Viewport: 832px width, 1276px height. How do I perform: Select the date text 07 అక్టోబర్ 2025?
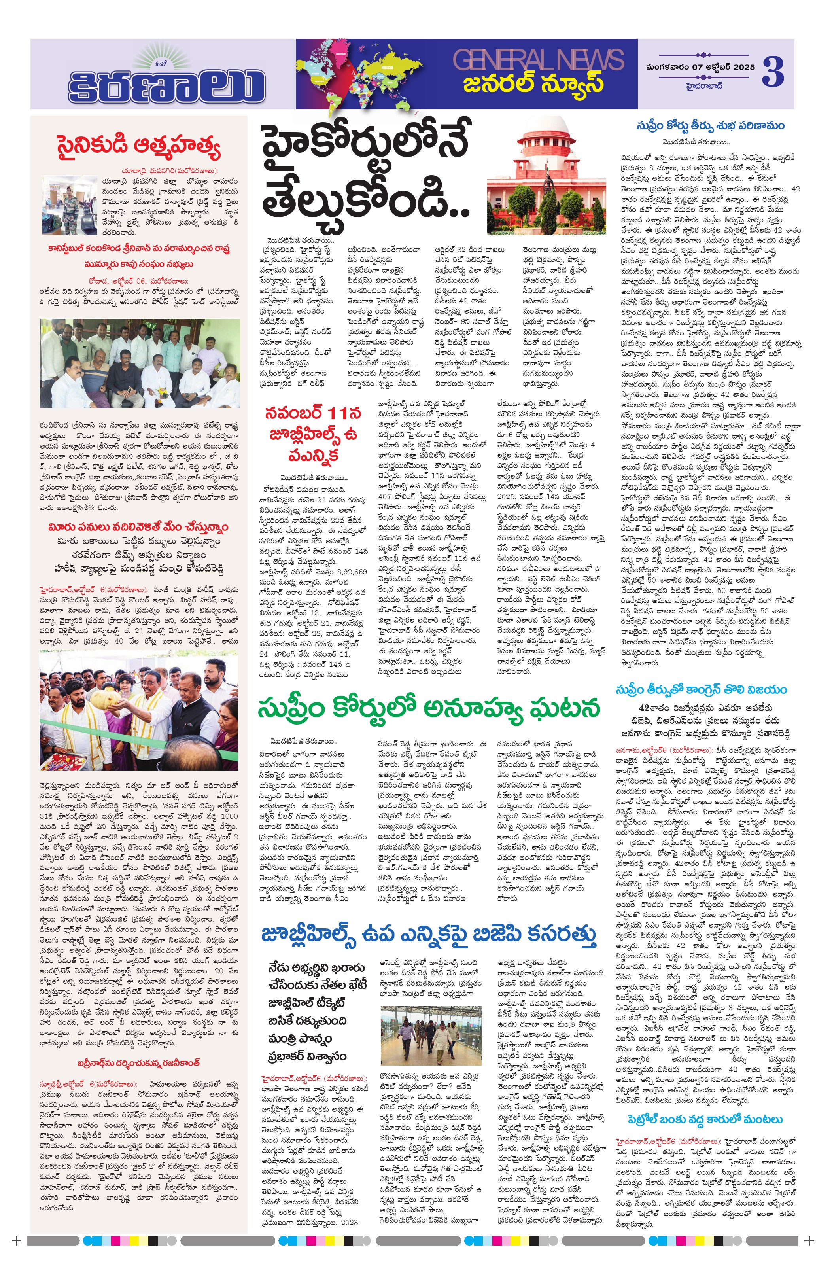pos(713,68)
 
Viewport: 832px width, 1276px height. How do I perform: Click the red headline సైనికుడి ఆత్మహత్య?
pos(138,147)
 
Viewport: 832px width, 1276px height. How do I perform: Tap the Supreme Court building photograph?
pos(546,176)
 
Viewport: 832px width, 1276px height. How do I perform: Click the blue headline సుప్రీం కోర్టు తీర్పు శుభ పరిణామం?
pos(710,126)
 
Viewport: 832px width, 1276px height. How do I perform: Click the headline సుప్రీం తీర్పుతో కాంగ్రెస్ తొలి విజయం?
pos(701,689)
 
